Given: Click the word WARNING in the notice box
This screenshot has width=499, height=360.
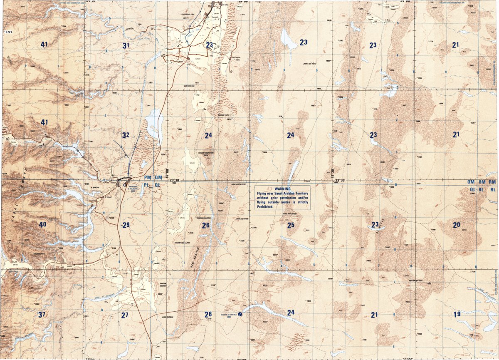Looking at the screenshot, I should [279, 189].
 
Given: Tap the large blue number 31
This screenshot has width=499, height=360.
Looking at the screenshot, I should [126, 45].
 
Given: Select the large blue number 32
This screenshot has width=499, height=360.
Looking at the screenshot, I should [126, 135].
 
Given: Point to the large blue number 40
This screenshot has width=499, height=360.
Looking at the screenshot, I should [43, 224].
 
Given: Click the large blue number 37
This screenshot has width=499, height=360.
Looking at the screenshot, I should [41, 315].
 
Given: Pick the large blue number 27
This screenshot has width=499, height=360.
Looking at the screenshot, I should [125, 315].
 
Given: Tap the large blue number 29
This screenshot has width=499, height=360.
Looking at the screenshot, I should [126, 225].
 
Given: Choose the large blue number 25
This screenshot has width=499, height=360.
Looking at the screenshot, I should [291, 225].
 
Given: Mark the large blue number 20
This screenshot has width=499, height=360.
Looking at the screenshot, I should [457, 225].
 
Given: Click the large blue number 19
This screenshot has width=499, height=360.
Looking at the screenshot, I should [457, 314].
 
